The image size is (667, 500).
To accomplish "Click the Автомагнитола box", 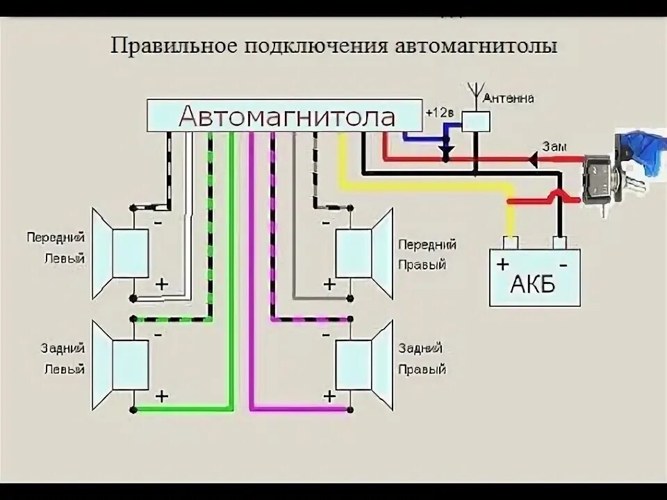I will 285,115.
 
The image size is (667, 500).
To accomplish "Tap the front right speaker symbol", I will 364,253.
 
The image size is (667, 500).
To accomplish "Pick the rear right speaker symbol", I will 364,365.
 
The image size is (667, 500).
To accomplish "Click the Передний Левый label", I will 56,248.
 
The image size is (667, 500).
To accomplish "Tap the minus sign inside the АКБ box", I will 563,265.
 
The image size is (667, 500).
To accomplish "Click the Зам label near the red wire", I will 554,147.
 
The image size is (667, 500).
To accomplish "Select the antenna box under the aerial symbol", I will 476,121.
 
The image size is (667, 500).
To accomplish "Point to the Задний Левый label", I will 63,359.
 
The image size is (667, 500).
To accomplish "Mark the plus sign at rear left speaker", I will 161,396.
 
